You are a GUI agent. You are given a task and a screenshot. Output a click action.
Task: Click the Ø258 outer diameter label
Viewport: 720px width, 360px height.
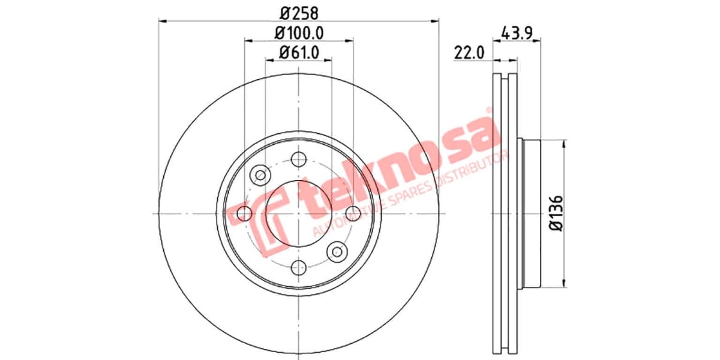pos(298,12)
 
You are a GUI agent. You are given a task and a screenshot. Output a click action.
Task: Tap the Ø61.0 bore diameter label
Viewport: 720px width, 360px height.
pos(298,52)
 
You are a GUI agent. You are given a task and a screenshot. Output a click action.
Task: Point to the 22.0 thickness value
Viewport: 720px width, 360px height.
pos(469,53)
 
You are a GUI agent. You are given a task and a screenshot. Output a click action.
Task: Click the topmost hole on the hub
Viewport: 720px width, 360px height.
pos(298,160)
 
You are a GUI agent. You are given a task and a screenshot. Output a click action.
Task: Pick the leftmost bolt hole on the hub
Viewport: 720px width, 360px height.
pos(244,212)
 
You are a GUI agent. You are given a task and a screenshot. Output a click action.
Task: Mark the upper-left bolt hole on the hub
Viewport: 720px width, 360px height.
pos(260,175)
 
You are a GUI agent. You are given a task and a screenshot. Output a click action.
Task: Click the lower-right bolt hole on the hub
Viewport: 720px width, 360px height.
pos(337,251)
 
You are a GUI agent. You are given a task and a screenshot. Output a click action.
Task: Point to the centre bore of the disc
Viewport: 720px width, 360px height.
pos(298,213)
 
